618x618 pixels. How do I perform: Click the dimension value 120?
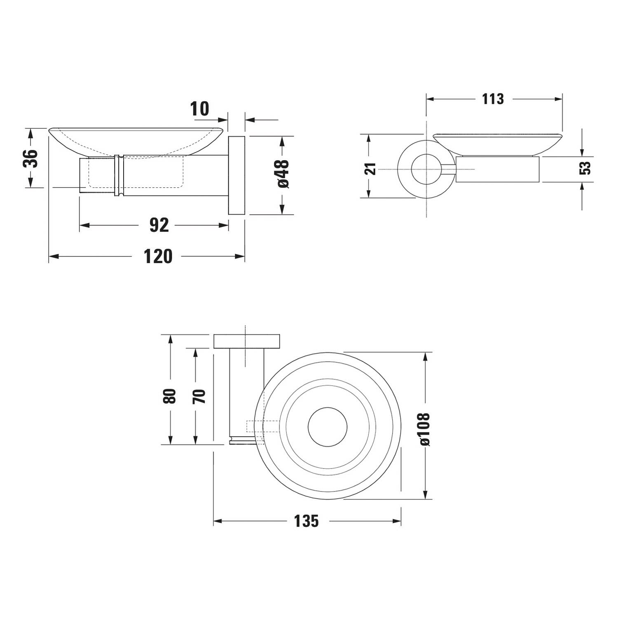(158, 256)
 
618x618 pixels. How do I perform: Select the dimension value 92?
(159, 225)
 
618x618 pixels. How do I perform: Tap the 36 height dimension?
(30, 158)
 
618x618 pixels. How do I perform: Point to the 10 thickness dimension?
(200, 109)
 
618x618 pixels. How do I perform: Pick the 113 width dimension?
(493, 99)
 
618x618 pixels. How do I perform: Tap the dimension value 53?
(585, 168)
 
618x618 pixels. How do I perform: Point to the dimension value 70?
(199, 396)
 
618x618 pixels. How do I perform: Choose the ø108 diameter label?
(425, 429)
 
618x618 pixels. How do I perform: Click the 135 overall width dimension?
(307, 521)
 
